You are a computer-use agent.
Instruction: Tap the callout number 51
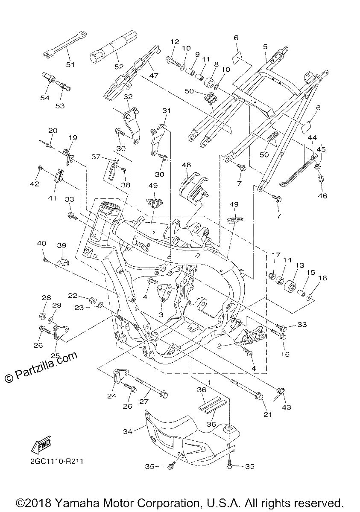pos(70,65)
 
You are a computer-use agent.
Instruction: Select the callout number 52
pos(119,67)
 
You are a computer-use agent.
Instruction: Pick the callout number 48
pos(186,165)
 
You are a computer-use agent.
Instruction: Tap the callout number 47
pos(153,76)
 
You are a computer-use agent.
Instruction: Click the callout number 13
pos(300,265)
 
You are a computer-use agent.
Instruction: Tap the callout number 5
pos(265,47)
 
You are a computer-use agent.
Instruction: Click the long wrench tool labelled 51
pos(65,44)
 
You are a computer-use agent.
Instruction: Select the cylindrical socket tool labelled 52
pos(114,47)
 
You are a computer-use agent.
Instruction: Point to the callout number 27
pos(143,401)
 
